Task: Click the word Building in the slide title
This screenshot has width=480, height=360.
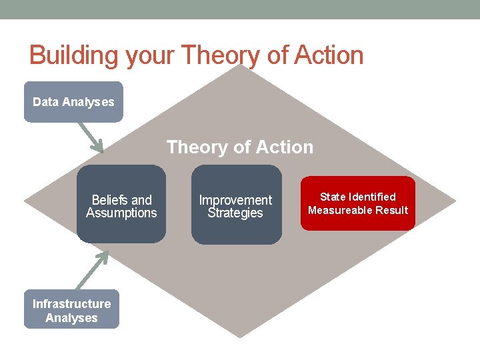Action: click(x=71, y=55)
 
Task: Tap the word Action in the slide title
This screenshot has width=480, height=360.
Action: click(x=326, y=55)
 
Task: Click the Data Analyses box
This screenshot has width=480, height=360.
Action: click(x=73, y=102)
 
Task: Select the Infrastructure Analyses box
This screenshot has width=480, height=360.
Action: click(x=72, y=309)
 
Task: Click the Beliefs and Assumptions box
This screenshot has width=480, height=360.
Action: click(x=121, y=204)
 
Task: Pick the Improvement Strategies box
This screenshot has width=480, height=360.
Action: click(x=235, y=205)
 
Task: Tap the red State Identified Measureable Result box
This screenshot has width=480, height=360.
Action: click(x=357, y=203)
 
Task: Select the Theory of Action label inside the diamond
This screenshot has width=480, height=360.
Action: click(x=239, y=147)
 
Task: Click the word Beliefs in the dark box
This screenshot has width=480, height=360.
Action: click(x=111, y=200)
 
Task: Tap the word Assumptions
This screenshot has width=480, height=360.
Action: click(x=121, y=213)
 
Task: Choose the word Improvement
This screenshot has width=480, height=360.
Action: click(x=235, y=200)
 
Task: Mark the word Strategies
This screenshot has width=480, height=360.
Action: click(x=235, y=213)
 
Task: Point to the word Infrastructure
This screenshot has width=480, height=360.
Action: click(x=72, y=304)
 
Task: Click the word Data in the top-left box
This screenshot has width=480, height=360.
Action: click(x=45, y=102)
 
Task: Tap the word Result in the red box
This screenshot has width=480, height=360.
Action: click(x=392, y=210)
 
